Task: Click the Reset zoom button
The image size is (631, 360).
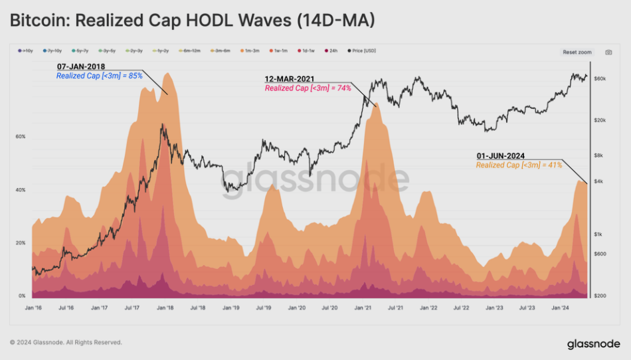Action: point(577,51)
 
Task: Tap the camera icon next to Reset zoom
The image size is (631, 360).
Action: point(608,51)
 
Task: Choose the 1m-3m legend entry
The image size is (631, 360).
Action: point(251,50)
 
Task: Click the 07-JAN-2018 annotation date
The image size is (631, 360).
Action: point(81,67)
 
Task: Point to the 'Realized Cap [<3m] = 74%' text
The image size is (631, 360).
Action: point(308,88)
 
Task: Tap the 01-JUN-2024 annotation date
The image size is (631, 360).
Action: point(500,156)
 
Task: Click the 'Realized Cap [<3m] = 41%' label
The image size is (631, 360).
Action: point(519,165)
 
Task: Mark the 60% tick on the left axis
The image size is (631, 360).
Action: point(21,137)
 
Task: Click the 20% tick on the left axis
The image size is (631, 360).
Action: point(21,243)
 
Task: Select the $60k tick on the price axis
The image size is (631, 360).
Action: point(600,78)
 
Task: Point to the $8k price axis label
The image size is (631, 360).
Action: point(598,155)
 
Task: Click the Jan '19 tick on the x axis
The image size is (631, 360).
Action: point(231,308)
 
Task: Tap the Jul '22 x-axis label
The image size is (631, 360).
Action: point(461,308)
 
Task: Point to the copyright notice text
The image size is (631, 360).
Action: point(66,343)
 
